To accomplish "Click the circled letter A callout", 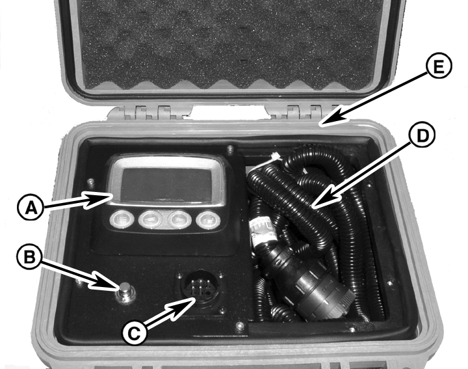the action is click(31, 208).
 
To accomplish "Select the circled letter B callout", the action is click(29, 257).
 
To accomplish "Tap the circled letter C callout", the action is click(135, 333).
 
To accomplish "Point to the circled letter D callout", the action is click(421, 135).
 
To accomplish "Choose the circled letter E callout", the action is click(438, 66).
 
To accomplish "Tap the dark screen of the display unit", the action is click(166, 185).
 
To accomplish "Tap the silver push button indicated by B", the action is click(126, 293).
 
